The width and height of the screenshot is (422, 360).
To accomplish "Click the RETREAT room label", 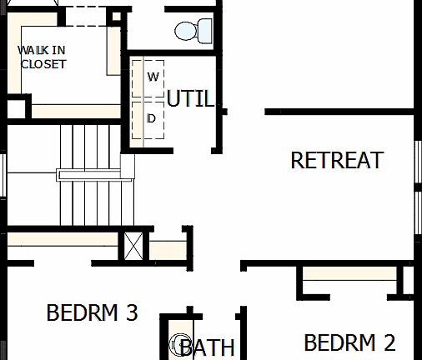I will click(x=337, y=160).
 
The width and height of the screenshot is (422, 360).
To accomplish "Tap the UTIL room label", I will click(x=190, y=98).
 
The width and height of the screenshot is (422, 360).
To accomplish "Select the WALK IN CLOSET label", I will click(x=43, y=57).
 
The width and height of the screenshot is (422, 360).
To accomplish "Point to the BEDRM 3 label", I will click(x=92, y=313).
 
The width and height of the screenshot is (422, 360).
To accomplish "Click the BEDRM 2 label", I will click(x=349, y=342).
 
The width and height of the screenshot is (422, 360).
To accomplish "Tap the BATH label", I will click(x=208, y=347).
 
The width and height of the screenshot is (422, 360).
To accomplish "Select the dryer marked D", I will click(x=151, y=118).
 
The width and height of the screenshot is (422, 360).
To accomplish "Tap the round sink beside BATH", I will click(x=179, y=344).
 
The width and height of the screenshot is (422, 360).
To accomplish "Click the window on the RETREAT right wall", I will click(x=417, y=178).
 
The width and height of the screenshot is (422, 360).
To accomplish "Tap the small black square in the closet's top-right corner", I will click(x=116, y=16).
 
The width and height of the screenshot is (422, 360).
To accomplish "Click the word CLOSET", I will click(x=43, y=64).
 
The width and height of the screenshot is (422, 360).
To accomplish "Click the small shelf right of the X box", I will click(x=168, y=249).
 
